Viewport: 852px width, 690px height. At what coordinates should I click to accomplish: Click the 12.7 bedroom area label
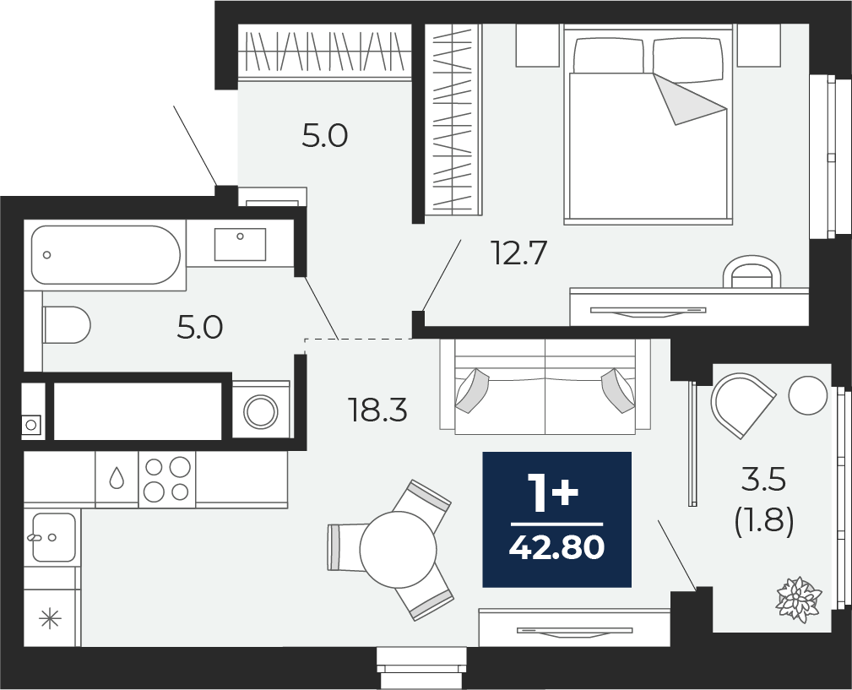point(518,253)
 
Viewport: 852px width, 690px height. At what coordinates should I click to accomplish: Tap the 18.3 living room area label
point(378,410)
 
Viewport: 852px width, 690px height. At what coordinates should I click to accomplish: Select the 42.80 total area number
point(556,547)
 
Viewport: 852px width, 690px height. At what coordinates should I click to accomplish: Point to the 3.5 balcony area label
point(764,481)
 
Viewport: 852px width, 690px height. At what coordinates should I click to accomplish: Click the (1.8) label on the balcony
point(764,522)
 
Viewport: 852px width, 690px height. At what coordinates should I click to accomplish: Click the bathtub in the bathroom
point(106,255)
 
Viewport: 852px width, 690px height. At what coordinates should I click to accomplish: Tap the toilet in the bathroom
point(66,325)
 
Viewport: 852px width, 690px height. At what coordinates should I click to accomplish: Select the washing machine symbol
point(261,411)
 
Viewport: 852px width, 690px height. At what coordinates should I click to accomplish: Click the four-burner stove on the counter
point(167,479)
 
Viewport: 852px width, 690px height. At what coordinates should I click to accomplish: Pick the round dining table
point(399,549)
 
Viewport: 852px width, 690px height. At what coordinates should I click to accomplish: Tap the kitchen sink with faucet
point(52,537)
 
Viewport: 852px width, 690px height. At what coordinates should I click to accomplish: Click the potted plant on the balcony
point(798,600)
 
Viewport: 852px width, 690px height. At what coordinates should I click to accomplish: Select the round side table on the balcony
point(808,395)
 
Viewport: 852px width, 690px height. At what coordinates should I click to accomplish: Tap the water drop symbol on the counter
point(117,478)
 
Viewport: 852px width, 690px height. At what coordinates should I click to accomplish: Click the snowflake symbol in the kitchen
point(51,619)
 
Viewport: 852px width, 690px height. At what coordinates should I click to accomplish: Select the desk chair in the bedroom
point(752,272)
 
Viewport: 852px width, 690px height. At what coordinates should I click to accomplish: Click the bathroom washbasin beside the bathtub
point(240,244)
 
